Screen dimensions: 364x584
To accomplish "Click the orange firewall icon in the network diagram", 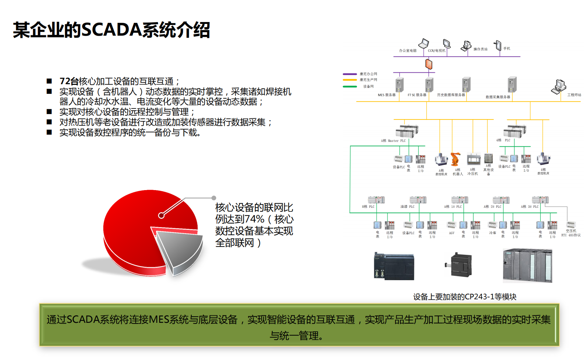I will pyautogui.click(x=428, y=64).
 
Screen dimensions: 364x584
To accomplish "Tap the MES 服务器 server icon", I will pyautogui.click(x=399, y=85).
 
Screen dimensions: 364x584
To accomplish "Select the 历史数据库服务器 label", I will pyautogui.click(x=451, y=95).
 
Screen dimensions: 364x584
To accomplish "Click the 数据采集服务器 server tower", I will pyautogui.click(x=512, y=85).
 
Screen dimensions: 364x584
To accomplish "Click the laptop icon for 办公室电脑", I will pyautogui.click(x=424, y=44).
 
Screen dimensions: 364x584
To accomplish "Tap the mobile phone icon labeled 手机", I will pyautogui.click(x=498, y=45).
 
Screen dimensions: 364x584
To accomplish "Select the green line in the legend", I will pyautogui.click(x=350, y=86).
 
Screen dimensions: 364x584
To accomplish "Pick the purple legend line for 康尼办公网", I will pyautogui.click(x=350, y=74).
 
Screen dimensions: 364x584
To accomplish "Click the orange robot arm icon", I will pyautogui.click(x=456, y=159).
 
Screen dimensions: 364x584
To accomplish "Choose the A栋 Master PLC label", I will pyautogui.click(x=393, y=141).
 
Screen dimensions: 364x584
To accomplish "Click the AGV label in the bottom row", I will pyautogui.click(x=452, y=233).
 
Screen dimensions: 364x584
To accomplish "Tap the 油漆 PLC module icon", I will pyautogui.click(x=418, y=200).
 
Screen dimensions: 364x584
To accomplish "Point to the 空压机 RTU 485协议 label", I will pyautogui.click(x=571, y=233).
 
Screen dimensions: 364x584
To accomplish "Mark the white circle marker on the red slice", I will pyautogui.click(x=161, y=215).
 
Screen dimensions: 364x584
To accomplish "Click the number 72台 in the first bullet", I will pyautogui.click(x=69, y=81).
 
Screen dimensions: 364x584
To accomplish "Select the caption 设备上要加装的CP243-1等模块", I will pyautogui.click(x=464, y=297).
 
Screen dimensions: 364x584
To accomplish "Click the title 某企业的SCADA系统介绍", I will pyautogui.click(x=112, y=30).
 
